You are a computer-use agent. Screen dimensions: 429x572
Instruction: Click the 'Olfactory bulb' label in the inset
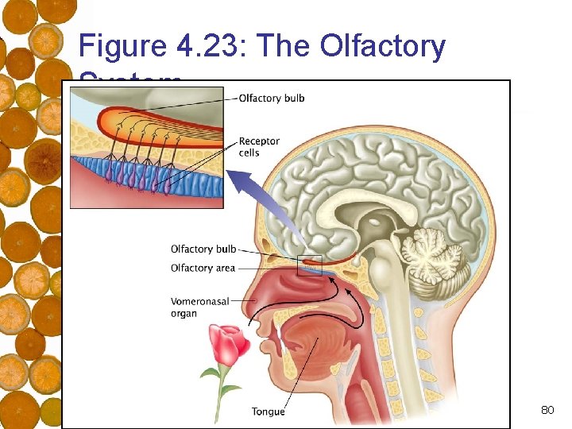click(272, 99)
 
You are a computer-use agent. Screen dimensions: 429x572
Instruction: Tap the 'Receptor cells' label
click(259, 147)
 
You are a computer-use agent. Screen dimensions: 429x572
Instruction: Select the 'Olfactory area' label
click(203, 269)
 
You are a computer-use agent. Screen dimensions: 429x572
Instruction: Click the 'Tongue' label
click(268, 412)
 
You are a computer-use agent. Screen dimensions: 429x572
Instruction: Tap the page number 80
click(547, 410)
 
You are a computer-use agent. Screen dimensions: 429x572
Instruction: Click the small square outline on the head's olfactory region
click(309, 265)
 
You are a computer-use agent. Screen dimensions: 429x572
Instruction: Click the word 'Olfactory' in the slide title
click(383, 47)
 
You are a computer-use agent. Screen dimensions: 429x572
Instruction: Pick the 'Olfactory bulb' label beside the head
click(203, 249)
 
